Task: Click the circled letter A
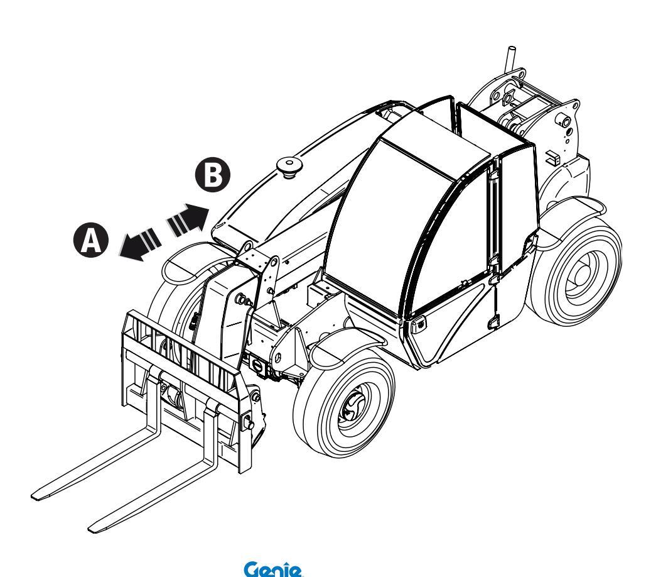[91, 240]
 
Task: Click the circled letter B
[213, 175]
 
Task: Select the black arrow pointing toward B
[188, 220]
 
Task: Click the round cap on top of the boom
[289, 166]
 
